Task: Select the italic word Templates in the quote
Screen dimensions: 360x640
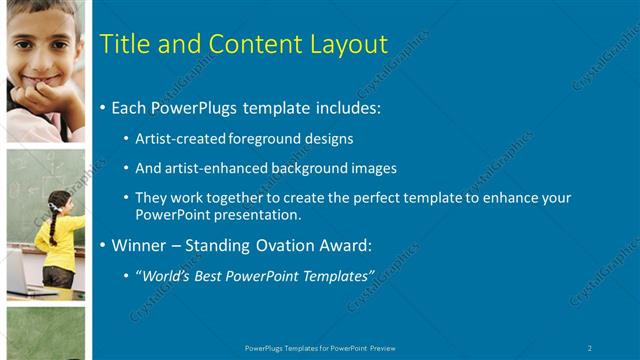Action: [x=337, y=275]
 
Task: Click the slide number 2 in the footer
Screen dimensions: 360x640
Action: [x=590, y=347]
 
